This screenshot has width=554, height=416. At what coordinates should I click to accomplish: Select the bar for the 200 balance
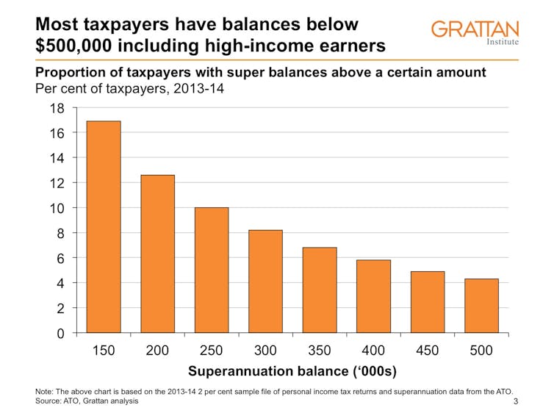157,254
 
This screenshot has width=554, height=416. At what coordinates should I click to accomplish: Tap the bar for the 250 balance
212,270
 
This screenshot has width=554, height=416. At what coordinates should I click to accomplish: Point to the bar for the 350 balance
320,290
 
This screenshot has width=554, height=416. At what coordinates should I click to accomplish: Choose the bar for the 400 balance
373,296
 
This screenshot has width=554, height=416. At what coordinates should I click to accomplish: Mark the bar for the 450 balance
428,301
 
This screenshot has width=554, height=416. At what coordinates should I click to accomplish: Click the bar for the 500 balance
481,305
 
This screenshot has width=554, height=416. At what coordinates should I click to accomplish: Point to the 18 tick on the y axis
57,108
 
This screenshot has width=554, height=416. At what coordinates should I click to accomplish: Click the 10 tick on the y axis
57,208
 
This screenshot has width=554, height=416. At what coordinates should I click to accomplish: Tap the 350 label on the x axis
320,351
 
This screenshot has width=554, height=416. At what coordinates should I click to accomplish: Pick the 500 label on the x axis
481,351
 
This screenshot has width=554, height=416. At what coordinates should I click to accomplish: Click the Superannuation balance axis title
292,371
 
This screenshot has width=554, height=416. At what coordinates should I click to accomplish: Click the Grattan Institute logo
475,32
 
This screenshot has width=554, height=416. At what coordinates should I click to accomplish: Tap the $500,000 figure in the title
76,45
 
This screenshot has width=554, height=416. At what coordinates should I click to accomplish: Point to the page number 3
516,401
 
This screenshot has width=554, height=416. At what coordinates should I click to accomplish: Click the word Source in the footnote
51,401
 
